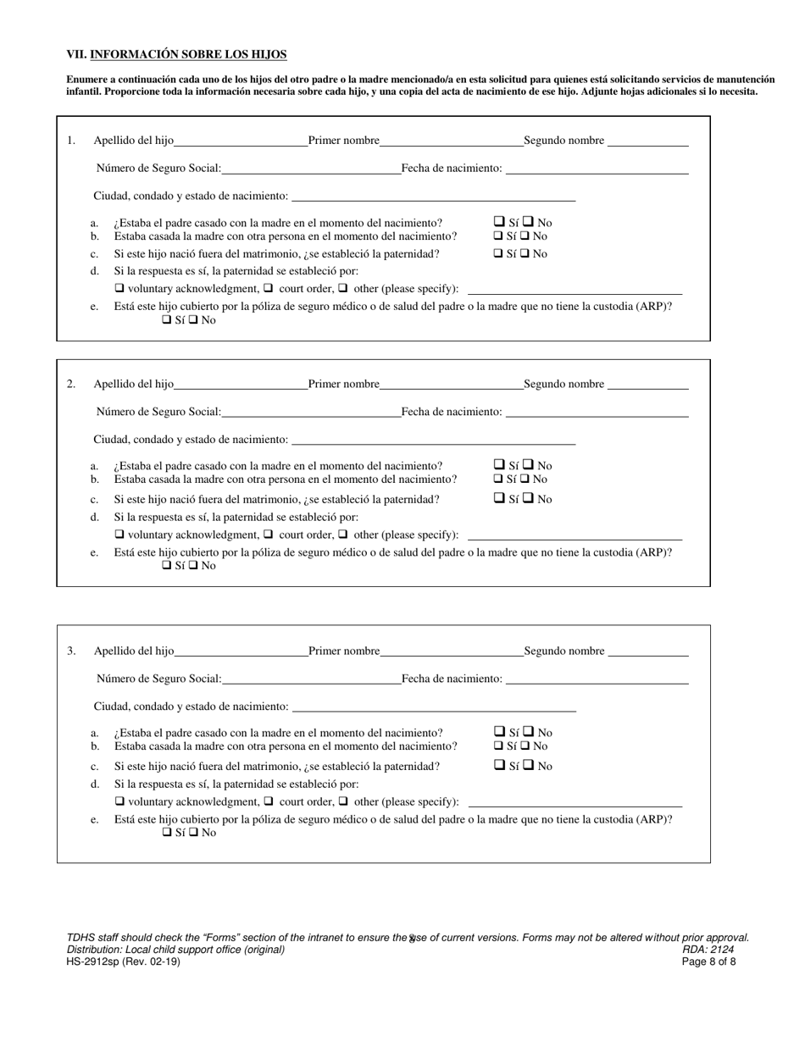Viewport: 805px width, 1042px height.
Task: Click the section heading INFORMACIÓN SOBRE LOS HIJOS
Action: click(188, 55)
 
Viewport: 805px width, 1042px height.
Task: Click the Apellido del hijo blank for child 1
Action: click(240, 141)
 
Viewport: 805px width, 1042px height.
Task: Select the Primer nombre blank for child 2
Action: click(451, 385)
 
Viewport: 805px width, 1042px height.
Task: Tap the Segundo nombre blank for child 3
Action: click(648, 652)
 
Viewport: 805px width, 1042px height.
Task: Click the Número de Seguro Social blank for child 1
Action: click(310, 169)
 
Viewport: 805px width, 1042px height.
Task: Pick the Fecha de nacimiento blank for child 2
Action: click(597, 413)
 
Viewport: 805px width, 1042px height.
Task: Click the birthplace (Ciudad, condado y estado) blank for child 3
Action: click(433, 707)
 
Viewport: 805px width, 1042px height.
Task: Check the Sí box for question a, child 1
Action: click(499, 223)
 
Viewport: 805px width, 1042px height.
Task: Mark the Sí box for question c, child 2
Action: click(499, 499)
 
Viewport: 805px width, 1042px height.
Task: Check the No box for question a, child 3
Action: click(528, 732)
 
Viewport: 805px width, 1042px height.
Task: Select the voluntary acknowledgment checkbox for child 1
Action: click(119, 289)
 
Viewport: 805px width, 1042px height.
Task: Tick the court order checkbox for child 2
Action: click(269, 535)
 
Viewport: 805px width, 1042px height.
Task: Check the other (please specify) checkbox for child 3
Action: click(343, 801)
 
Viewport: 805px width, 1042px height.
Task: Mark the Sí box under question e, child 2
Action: click(166, 566)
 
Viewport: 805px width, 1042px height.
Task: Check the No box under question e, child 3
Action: click(193, 833)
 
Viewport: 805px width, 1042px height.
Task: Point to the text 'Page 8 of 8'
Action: click(708, 962)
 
